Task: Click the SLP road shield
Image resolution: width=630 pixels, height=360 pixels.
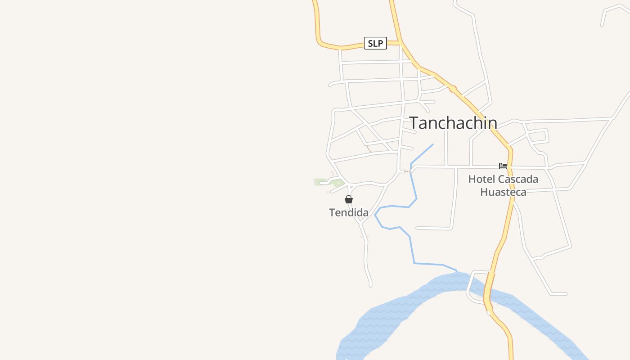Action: point(375,43)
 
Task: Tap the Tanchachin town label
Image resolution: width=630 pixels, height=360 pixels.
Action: point(453,123)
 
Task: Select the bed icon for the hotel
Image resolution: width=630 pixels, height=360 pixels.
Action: point(503,166)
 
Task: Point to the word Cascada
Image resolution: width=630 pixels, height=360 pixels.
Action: point(521,179)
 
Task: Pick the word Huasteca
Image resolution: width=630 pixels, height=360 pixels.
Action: point(503,192)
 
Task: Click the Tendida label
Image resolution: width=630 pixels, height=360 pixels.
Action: point(349,213)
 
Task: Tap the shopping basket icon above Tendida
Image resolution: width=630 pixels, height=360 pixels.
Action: point(349,199)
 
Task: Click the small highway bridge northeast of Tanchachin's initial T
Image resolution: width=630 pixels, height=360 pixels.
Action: point(453,89)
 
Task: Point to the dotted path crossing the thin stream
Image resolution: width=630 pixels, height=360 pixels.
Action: point(408,171)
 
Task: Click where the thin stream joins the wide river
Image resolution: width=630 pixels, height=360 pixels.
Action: point(456,271)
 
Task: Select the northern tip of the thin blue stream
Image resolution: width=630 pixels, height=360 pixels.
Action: point(433,144)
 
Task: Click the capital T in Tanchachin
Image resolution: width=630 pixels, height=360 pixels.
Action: point(414,123)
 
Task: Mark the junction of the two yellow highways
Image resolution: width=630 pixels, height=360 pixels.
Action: point(400,43)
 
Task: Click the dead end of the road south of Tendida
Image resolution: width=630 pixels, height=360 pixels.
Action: point(370,285)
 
